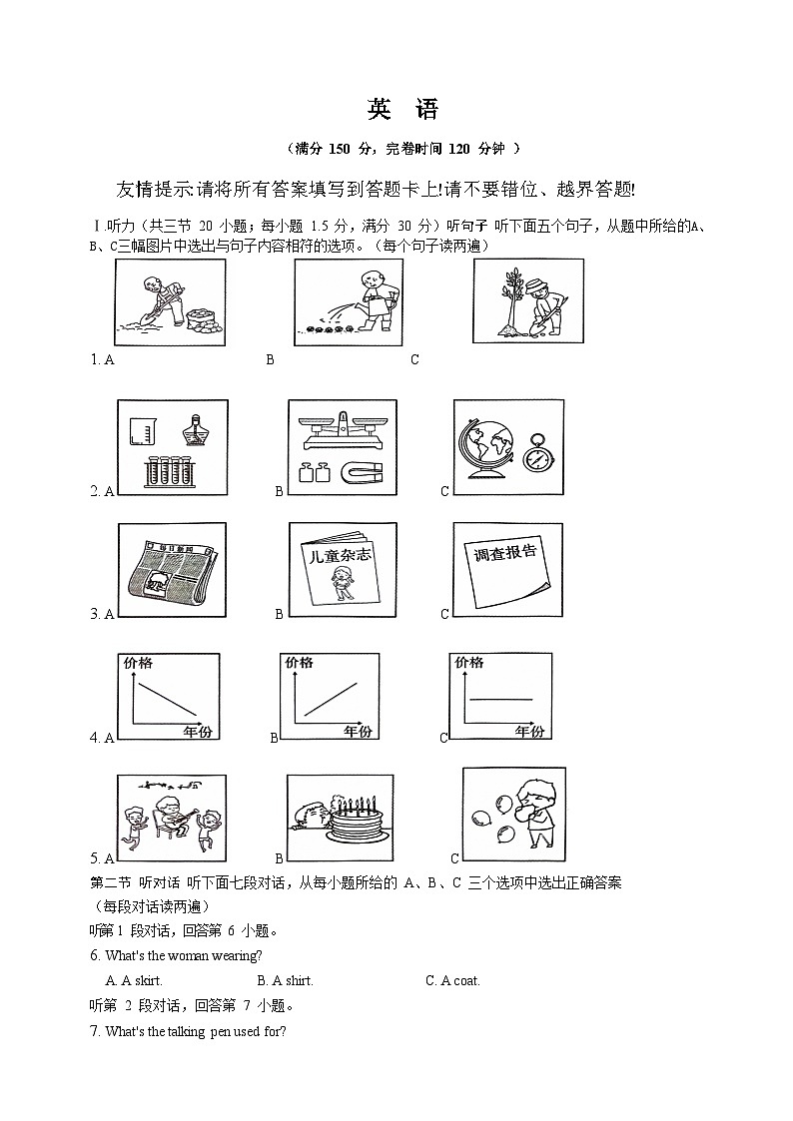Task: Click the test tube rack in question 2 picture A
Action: click(168, 470)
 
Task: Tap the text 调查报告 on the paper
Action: click(501, 555)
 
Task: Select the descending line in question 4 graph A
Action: click(167, 700)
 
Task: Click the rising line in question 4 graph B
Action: click(331, 699)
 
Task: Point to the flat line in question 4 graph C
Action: click(500, 699)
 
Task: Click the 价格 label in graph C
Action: click(468, 663)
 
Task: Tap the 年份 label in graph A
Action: click(197, 732)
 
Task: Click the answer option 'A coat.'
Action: click(452, 980)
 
